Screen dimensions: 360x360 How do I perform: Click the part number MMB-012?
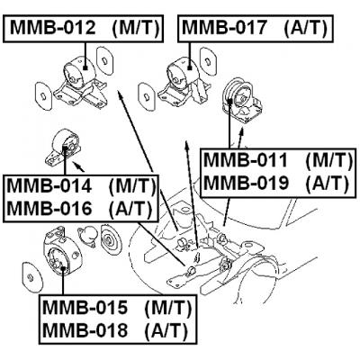click(x=52, y=28)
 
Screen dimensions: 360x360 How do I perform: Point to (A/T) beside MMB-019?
click(x=325, y=184)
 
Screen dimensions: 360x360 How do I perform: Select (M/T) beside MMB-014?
click(x=131, y=187)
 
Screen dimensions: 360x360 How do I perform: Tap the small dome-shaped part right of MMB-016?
click(x=89, y=233)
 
